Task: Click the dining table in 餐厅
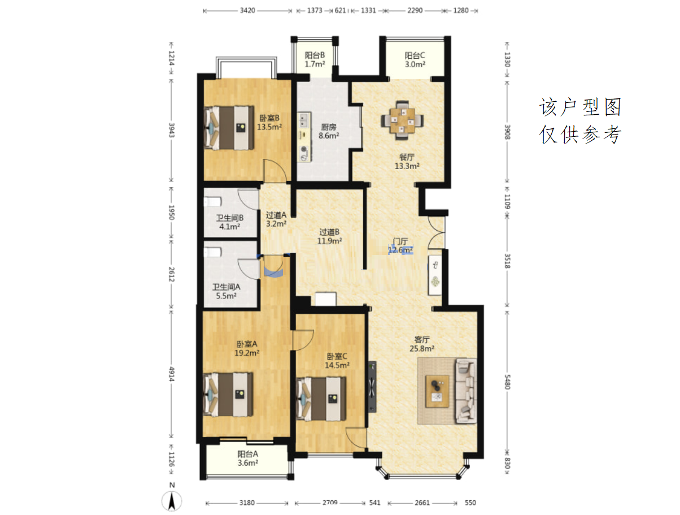[x=402, y=120]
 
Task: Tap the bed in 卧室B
[x=228, y=128]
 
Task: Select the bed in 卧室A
[x=228, y=395]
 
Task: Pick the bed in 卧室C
[x=321, y=399]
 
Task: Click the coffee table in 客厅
[x=437, y=391]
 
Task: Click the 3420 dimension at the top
[x=247, y=11]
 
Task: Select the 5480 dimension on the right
[x=507, y=382]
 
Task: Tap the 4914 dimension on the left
[x=172, y=374]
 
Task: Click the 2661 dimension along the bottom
[x=422, y=503]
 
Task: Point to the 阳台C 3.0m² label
[x=415, y=60]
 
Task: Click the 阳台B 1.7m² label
[x=315, y=59]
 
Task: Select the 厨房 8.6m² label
[x=329, y=131]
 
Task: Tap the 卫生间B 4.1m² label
[x=229, y=222]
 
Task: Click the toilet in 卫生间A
[x=212, y=252]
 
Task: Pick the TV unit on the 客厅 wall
[x=372, y=387]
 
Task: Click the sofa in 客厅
[x=465, y=391]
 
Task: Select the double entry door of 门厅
[x=437, y=233]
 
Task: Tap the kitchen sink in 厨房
[x=303, y=120]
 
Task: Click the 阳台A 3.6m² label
[x=248, y=458]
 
